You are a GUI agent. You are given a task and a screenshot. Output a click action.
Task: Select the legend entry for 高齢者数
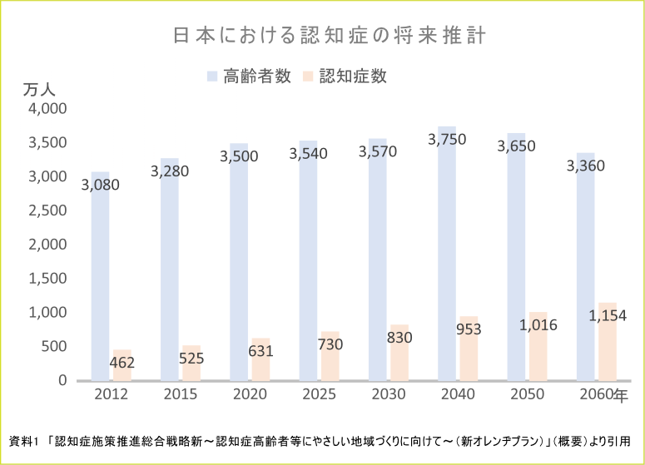click(249, 76)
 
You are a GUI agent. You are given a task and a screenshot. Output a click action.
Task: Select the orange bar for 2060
click(608, 349)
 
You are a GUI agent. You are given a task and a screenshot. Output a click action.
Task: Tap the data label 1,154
click(608, 316)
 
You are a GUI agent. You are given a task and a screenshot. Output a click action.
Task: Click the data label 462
click(122, 363)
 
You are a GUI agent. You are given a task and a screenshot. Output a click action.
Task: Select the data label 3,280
click(170, 171)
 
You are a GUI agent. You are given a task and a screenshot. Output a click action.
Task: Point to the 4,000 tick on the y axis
click(47, 109)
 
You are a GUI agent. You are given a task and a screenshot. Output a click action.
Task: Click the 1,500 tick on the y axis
click(47, 279)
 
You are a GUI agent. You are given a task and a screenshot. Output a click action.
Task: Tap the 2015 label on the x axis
click(181, 394)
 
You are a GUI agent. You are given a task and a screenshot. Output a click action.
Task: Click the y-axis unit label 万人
click(37, 91)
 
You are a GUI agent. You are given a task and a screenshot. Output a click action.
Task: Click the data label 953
click(469, 329)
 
